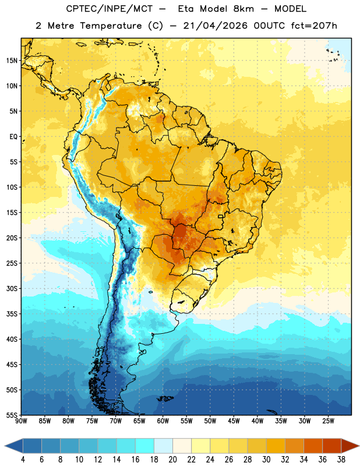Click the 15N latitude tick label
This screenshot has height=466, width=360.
pos(12,61)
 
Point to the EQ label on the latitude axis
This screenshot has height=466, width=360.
pos(13,137)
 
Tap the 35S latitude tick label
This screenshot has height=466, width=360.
pos(12,314)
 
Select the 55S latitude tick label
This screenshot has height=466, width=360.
pos(12,415)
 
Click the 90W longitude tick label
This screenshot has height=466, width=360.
pos(22,421)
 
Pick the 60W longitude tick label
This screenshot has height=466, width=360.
pos(163,421)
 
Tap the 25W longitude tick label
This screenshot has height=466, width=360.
pos(328,421)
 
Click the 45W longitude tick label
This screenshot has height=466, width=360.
pos(234,421)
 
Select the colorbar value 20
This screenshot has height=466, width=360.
pos(172,460)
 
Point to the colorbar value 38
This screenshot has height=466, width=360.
pos(341,460)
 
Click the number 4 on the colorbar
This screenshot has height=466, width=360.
pos(23,460)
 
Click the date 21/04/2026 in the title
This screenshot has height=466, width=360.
pos(215,26)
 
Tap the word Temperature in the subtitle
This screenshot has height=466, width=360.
pos(111,26)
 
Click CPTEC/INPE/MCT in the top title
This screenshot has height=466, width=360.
pos(109,9)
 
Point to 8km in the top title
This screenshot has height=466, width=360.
pos(243,9)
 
